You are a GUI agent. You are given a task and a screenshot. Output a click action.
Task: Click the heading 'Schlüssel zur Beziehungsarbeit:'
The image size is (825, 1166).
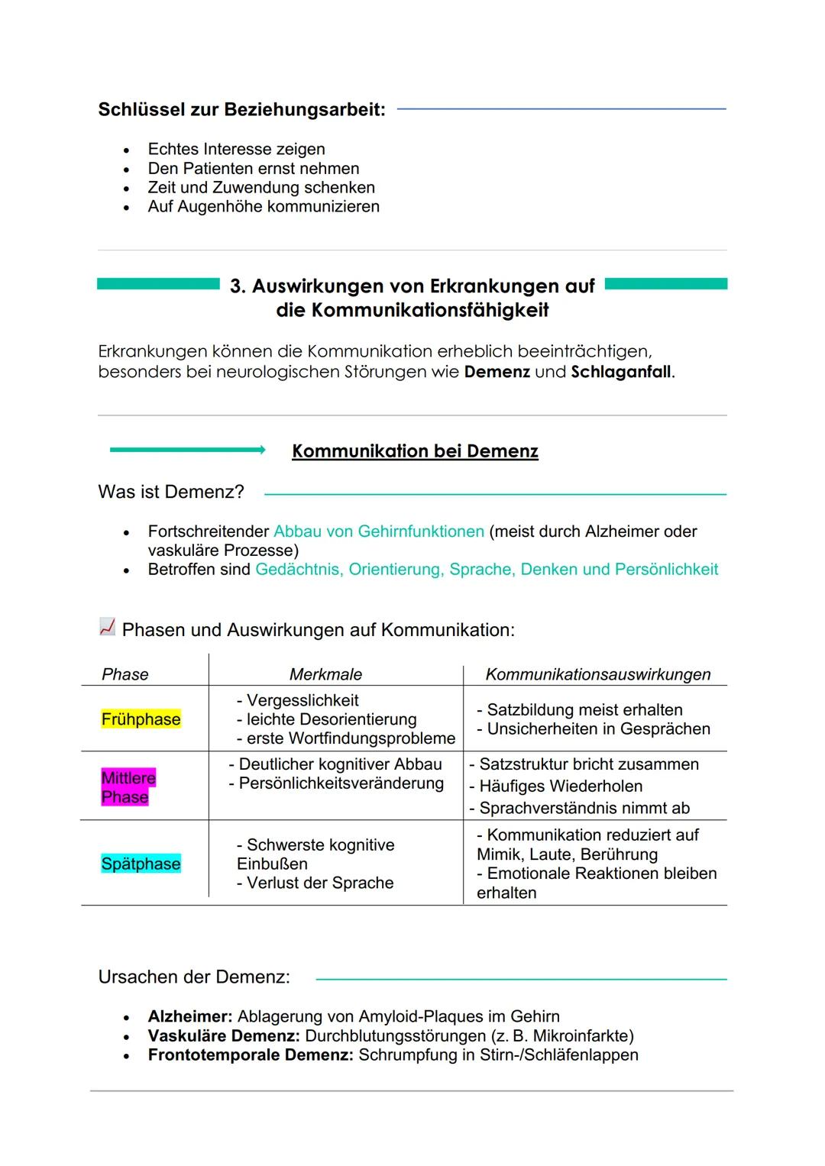tap(241, 110)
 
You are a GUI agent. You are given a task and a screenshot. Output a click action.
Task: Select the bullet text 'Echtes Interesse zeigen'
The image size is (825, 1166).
tap(236, 150)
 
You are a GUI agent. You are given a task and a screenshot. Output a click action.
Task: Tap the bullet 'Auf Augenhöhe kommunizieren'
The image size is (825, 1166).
tap(263, 207)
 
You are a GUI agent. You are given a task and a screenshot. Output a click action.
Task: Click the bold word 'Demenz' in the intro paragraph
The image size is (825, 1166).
tap(497, 373)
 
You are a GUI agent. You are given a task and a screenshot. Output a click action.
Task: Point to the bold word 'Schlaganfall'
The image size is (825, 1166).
tap(621, 373)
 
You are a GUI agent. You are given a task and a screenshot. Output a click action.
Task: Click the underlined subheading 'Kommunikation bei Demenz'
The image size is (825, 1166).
tap(415, 451)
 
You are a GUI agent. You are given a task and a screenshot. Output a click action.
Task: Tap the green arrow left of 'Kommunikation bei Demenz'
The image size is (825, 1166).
tap(187, 451)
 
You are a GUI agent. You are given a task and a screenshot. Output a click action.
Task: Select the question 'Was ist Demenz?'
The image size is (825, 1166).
tap(171, 492)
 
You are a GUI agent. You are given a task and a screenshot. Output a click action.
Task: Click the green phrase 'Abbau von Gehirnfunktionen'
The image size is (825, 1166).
tap(378, 531)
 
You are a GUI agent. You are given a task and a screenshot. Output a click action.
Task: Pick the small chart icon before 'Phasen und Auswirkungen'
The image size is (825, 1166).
tap(107, 628)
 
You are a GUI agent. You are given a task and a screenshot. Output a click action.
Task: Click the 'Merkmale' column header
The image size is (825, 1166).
tap(325, 674)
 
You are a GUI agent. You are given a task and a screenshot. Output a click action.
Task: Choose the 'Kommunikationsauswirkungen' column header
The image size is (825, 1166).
tap(597, 674)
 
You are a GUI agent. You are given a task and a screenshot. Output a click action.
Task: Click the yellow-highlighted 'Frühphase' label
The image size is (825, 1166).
tap(141, 719)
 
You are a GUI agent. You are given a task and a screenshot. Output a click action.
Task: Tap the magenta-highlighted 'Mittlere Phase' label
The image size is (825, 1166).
tap(128, 787)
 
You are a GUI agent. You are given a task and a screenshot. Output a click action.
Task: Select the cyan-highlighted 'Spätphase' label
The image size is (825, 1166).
tap(141, 864)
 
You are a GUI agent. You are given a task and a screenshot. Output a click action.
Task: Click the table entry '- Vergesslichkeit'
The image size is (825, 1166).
tap(297, 700)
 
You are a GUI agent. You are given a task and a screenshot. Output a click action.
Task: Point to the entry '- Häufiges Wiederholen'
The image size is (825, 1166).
tap(555, 786)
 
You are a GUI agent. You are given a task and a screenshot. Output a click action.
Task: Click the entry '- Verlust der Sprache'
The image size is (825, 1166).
tap(315, 883)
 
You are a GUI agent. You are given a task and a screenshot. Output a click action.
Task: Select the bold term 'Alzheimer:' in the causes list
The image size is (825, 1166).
tap(189, 1017)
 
